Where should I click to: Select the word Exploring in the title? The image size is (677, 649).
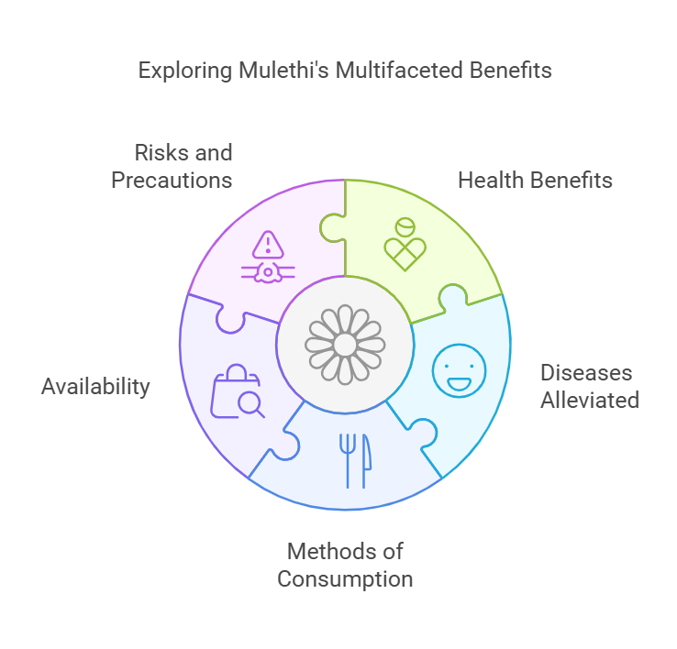pos(185,71)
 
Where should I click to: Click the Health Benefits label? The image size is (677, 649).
pos(535,180)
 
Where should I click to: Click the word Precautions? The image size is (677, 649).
pos(172,181)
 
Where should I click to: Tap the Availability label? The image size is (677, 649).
pos(95,387)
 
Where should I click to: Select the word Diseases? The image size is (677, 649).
pos(586,373)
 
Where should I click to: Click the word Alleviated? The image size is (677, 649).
pos(590,400)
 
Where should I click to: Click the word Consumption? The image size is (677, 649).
pos(345,579)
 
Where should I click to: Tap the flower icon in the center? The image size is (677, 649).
pos(345,345)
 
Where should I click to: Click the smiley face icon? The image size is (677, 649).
pos(459,370)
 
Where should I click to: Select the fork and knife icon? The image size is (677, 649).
pos(355,461)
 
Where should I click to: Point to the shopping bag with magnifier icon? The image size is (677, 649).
pos(238,391)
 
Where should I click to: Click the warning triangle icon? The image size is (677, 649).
pos(268,245)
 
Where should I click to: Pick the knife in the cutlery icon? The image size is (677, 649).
pos(367,461)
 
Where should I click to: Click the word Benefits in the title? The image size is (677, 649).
pos(511,71)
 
